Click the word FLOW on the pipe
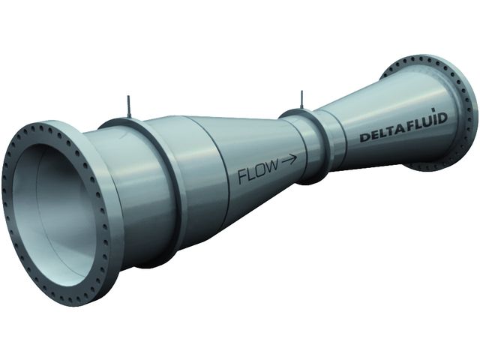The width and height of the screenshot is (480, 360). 258,172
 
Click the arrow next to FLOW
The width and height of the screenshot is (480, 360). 289,159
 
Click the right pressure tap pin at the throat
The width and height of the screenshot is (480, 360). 302,99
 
